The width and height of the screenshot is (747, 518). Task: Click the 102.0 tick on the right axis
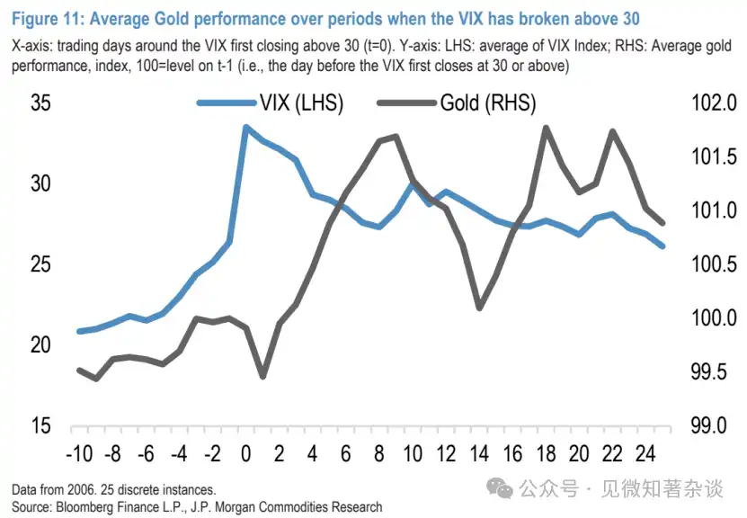(712, 103)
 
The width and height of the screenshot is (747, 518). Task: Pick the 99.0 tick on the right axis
(712, 425)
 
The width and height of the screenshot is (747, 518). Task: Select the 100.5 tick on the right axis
(712, 264)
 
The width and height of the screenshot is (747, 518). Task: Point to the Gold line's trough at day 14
(479, 308)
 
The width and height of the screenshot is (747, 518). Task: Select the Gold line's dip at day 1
(262, 376)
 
